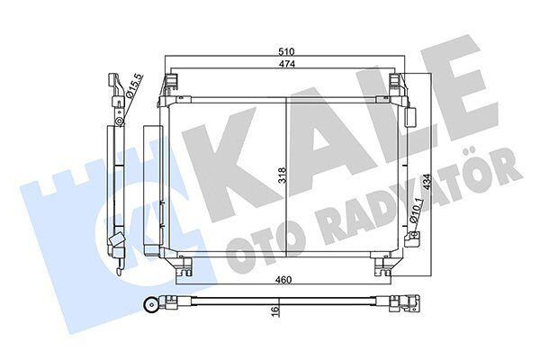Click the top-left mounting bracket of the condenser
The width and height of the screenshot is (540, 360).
(171, 87)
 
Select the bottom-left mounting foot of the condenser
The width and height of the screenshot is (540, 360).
(184, 266)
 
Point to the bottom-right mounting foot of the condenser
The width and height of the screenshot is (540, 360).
(381, 266)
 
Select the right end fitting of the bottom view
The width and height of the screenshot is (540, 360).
(406, 304)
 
